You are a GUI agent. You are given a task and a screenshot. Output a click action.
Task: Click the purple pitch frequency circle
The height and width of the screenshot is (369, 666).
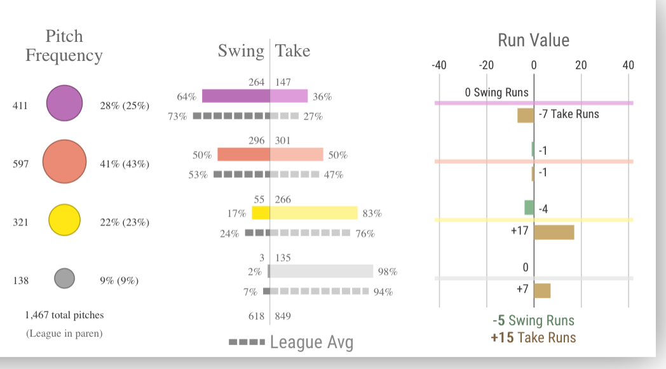pyautogui.click(x=64, y=103)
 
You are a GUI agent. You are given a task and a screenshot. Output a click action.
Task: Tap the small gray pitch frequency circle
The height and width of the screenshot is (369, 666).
pyautogui.click(x=64, y=278)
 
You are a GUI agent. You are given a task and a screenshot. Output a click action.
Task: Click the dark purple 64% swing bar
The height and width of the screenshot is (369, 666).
pyautogui.click(x=236, y=96)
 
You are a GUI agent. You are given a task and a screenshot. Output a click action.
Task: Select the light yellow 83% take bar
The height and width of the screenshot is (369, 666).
pyautogui.click(x=314, y=213)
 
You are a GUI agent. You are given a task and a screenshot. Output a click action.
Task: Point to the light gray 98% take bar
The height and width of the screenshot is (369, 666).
pyautogui.click(x=322, y=271)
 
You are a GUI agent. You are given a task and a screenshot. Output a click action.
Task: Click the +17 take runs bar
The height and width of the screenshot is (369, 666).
pyautogui.click(x=554, y=232)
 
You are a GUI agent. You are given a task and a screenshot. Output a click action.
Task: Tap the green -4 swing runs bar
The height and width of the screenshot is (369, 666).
pyautogui.click(x=529, y=208)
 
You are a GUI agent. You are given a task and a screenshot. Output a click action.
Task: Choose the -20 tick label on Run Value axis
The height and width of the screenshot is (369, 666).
pyautogui.click(x=486, y=65)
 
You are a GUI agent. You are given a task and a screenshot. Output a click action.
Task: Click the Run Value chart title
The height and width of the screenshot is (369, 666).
pyautogui.click(x=533, y=41)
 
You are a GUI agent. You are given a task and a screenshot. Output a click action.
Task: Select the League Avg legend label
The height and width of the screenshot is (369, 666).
pyautogui.click(x=311, y=342)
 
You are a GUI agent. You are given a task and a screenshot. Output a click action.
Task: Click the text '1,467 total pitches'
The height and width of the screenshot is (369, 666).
pyautogui.click(x=64, y=315)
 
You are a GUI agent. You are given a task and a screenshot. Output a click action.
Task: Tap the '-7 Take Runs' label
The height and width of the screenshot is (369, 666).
pyautogui.click(x=568, y=114)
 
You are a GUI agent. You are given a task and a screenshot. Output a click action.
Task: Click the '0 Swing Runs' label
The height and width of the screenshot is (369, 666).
pyautogui.click(x=496, y=93)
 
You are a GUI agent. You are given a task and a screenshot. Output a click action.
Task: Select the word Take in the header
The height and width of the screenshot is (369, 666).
pyautogui.click(x=293, y=51)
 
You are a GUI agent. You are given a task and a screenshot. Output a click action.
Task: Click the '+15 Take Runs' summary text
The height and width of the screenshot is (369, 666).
pyautogui.click(x=533, y=337)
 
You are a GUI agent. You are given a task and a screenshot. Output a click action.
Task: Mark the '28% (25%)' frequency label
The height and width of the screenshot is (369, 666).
pyautogui.click(x=125, y=106)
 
